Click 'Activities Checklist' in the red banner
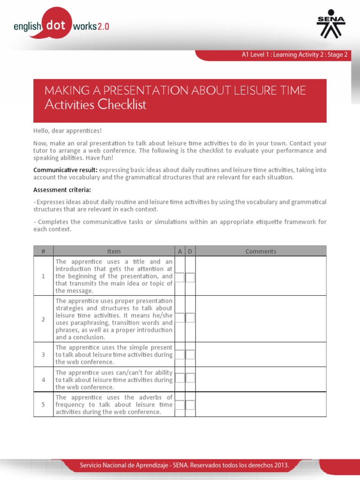(x=96, y=105)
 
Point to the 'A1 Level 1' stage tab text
(x=294, y=55)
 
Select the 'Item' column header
(x=114, y=251)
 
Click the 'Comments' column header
(x=261, y=251)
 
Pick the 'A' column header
(x=180, y=251)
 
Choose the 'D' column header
(x=190, y=251)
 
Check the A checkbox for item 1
(x=180, y=277)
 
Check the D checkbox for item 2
(x=190, y=318)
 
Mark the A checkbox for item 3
(x=180, y=355)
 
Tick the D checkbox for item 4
(x=190, y=378)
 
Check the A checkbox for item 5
(x=180, y=405)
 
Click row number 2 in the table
(x=43, y=319)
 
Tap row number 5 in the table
(x=43, y=405)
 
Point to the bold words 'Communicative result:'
(x=65, y=170)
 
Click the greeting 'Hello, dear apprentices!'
(x=67, y=130)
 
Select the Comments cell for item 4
(x=261, y=379)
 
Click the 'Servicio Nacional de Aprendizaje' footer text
(x=184, y=465)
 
